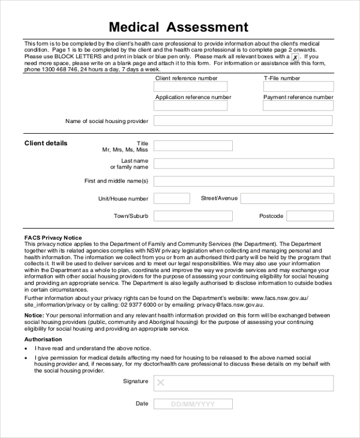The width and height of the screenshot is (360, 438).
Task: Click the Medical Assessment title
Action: (x=178, y=27)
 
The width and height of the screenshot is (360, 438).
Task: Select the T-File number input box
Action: (x=298, y=86)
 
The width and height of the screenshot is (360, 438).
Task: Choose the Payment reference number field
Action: (x=298, y=106)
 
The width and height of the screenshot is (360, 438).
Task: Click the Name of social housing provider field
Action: (x=243, y=121)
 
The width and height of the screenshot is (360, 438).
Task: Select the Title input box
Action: (x=193, y=145)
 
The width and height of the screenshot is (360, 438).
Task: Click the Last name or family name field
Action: (x=243, y=163)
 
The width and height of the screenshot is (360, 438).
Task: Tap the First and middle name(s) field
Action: (x=243, y=181)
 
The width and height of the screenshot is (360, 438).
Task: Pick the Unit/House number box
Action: (x=172, y=199)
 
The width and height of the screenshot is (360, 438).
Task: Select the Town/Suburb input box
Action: (x=193, y=216)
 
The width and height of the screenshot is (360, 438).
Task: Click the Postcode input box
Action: (x=309, y=216)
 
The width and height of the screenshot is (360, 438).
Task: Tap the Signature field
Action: (x=243, y=383)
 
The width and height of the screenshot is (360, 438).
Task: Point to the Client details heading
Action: (x=46, y=143)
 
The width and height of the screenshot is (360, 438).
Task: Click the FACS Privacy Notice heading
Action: (x=53, y=238)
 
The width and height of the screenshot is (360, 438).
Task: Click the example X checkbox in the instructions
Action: (x=295, y=57)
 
